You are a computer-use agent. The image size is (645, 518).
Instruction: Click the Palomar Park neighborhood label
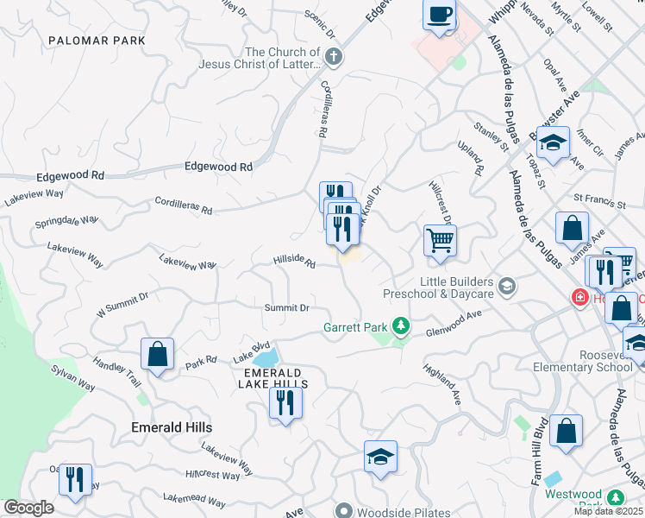click(97, 41)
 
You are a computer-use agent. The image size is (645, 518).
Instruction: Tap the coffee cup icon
click(440, 15)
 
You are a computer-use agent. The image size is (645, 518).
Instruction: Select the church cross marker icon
click(335, 58)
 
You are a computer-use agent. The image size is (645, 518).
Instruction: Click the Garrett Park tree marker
click(400, 326)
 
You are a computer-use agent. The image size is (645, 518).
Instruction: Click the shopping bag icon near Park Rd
click(158, 353)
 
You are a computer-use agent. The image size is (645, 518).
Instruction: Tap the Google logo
click(28, 508)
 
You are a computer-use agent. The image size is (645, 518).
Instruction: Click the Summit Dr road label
click(286, 307)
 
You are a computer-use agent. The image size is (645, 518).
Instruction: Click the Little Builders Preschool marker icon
click(507, 286)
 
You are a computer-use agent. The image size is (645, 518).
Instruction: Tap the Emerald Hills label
click(171, 426)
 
